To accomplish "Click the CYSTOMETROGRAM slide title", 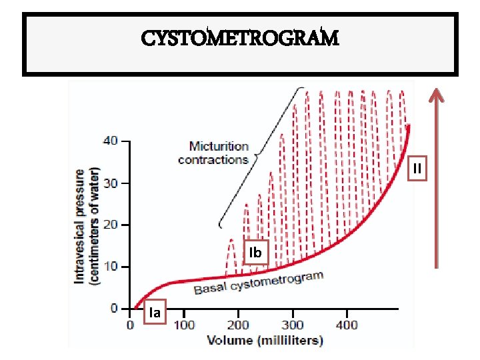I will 239,38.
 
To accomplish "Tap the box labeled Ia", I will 155,312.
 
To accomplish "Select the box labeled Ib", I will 255,253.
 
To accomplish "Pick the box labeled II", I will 417,169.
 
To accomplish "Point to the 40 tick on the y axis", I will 111,141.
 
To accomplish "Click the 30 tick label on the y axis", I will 111,183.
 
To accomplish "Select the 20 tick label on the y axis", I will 111,225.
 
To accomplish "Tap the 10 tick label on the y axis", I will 111,267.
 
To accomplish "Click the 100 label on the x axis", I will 185,325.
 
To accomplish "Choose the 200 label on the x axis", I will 239,325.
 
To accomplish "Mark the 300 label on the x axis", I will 292,325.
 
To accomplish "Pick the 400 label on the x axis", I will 346,325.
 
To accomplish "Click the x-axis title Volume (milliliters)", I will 265,340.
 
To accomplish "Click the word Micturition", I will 219,146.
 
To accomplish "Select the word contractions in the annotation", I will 213,159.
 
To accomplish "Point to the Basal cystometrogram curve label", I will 259,283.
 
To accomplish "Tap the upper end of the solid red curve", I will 408,127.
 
